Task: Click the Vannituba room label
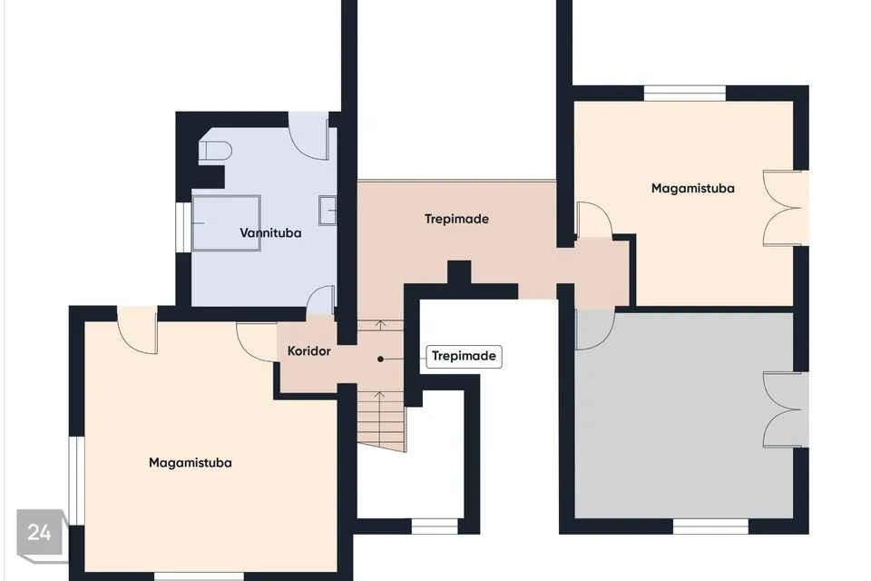[270, 233]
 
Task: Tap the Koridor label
[308, 350]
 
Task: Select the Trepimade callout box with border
[464, 356]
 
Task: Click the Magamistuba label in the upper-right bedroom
[692, 189]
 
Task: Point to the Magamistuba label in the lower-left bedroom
[190, 463]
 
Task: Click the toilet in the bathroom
[215, 152]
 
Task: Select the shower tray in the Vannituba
[226, 223]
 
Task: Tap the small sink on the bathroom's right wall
[328, 211]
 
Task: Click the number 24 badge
[39, 532]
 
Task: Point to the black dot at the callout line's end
[380, 359]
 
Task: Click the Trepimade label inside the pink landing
[456, 219]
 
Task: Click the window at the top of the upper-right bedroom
[685, 93]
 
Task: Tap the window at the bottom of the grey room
[710, 526]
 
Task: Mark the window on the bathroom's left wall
[184, 227]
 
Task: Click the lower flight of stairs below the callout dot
[381, 421]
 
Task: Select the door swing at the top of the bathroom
[308, 135]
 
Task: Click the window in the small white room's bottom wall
[435, 526]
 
